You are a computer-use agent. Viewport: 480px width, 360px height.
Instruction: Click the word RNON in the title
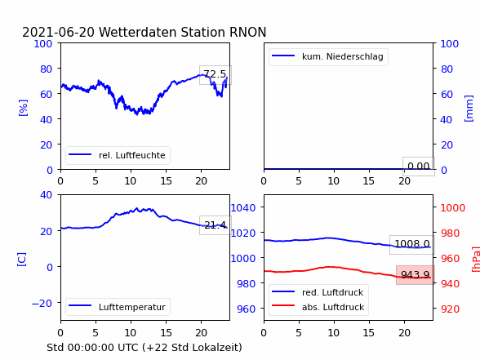[x=247, y=32]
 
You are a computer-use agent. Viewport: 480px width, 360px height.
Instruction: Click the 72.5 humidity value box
[x=216, y=75]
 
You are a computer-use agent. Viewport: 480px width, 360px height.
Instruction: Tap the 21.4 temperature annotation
[x=216, y=225]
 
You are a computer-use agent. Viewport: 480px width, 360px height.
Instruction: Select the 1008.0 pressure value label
[x=412, y=245]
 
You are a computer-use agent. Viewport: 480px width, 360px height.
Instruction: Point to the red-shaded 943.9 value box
[x=416, y=275]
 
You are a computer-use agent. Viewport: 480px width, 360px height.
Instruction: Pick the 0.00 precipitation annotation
[x=419, y=167]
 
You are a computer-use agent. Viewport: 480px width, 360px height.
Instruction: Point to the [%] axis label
[x=23, y=108]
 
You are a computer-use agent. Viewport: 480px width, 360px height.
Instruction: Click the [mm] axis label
[x=469, y=109]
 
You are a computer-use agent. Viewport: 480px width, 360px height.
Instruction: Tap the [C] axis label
[x=22, y=260]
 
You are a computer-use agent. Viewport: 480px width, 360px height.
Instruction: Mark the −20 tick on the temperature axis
[x=42, y=304]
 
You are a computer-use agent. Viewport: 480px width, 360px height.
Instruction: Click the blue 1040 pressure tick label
[x=243, y=208]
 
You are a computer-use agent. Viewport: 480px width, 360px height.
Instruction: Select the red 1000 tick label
[x=453, y=208]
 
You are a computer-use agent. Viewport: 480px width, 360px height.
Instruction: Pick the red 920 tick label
[x=450, y=309]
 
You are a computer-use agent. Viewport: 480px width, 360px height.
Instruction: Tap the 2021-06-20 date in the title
[x=58, y=32]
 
